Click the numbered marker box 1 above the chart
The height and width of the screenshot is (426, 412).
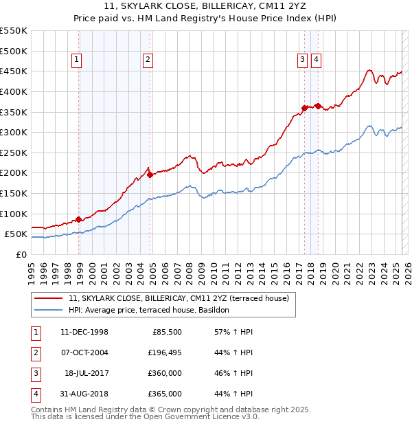pos(76,60)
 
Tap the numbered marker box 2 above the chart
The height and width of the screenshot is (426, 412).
pos(148,60)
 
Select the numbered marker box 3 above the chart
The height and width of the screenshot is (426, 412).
pos(302,60)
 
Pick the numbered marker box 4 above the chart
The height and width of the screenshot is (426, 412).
pos(316,60)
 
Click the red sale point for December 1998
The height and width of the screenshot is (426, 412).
pos(79,219)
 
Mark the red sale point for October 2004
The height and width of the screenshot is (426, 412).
pos(150,175)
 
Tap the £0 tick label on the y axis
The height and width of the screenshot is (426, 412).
pos(21,255)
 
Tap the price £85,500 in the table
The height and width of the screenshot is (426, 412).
pos(165,332)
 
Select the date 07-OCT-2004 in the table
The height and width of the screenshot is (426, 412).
pos(85,352)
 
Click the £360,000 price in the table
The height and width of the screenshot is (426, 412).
pos(165,373)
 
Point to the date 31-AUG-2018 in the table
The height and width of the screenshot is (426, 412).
pos(85,394)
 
